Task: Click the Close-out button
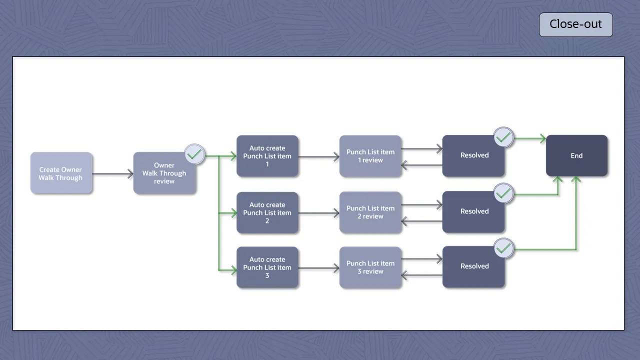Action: pyautogui.click(x=575, y=24)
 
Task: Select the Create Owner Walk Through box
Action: pyautogui.click(x=61, y=173)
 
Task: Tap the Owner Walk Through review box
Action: pyautogui.click(x=164, y=173)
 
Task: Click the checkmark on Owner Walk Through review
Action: pyautogui.click(x=194, y=154)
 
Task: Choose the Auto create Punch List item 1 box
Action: pyautogui.click(x=267, y=156)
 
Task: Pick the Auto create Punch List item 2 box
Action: pyautogui.click(x=267, y=212)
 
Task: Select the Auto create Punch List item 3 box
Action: pyautogui.click(x=267, y=267)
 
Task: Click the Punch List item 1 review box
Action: pyautogui.click(x=370, y=156)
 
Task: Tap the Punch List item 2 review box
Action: pyautogui.click(x=370, y=212)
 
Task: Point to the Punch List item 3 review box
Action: pyautogui.click(x=370, y=267)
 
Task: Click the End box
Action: pyautogui.click(x=576, y=155)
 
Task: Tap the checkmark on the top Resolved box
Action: pyautogui.click(x=503, y=137)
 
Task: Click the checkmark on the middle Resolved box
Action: pyautogui.click(x=503, y=193)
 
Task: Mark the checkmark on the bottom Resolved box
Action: pyautogui.click(x=503, y=248)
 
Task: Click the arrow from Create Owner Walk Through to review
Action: pyautogui.click(x=112, y=174)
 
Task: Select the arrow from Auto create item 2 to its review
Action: pyautogui.click(x=319, y=213)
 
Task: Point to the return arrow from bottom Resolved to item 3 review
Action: pyautogui.click(x=422, y=275)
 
